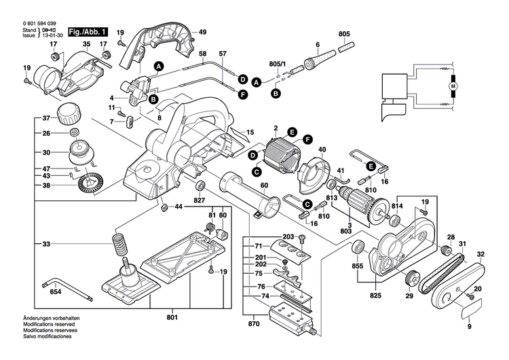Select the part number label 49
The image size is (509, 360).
(202, 32)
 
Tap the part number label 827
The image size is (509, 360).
(200, 201)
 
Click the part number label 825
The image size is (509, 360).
(374, 295)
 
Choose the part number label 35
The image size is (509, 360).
(86, 45)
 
